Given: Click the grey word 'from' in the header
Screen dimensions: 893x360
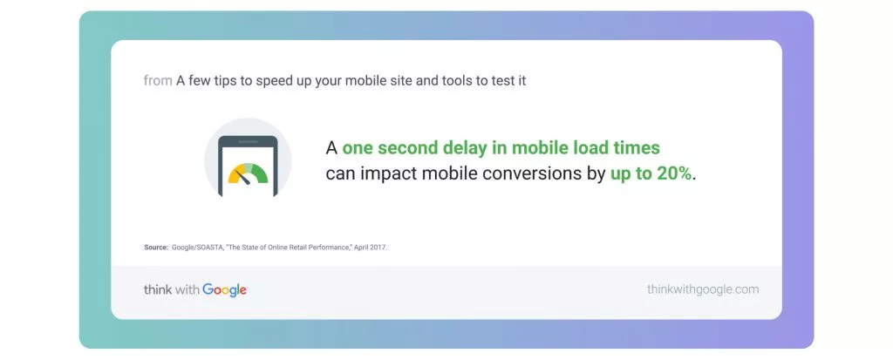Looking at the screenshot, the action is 158,81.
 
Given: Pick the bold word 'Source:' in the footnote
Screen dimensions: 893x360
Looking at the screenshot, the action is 156,248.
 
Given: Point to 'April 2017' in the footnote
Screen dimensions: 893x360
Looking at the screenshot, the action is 370,248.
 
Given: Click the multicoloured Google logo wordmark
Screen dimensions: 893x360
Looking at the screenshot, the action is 224,290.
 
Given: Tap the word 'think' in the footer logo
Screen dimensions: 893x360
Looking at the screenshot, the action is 157,290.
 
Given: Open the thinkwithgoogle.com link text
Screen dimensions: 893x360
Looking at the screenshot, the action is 703,289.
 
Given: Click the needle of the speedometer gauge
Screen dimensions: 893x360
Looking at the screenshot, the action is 243,177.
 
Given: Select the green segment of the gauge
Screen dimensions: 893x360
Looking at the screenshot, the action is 260,173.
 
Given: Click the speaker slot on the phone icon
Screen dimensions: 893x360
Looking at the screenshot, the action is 248,141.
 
